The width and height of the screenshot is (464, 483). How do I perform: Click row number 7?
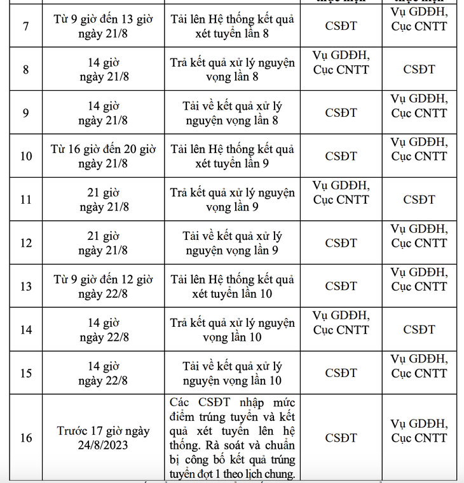click(x=25, y=27)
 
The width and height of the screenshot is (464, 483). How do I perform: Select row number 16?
click(x=25, y=438)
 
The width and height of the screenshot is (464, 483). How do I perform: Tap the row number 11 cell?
click(x=25, y=199)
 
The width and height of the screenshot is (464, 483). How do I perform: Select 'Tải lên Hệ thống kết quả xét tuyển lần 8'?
click(x=232, y=27)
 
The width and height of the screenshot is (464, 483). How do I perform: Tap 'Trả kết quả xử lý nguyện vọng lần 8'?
click(x=232, y=70)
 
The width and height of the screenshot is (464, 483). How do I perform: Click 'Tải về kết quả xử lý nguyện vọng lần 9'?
click(x=232, y=243)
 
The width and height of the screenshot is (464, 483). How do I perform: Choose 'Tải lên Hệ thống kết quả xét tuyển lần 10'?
click(x=232, y=286)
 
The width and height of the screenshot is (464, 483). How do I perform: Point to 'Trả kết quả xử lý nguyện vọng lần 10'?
click(x=232, y=329)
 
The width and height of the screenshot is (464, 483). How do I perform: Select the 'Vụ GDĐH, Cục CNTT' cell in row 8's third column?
click(x=341, y=63)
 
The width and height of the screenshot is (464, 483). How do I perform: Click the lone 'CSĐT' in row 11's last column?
click(x=419, y=199)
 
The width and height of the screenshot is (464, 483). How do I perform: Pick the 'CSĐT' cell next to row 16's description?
click(x=341, y=438)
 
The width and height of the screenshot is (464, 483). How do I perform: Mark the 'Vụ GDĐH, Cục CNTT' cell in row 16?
click(x=419, y=431)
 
